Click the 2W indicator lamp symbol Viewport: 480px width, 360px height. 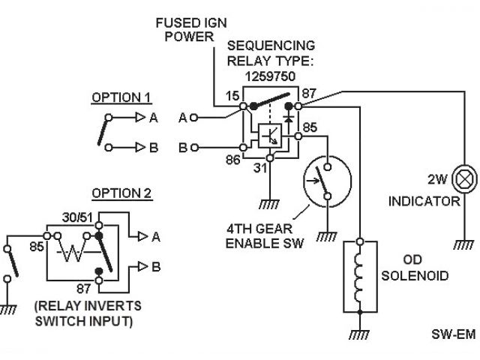point(464,180)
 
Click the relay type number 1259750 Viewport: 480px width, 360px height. point(270,76)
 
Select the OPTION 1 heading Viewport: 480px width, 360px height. point(121,97)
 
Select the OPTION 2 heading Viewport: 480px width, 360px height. point(121,193)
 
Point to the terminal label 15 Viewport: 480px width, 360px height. point(232,96)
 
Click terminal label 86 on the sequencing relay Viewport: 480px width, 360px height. point(232,160)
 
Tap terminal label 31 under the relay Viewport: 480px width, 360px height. point(260,168)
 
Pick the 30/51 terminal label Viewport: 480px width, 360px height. point(77,217)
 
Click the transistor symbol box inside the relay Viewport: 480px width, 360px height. point(270,136)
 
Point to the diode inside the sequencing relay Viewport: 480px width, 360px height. point(288,118)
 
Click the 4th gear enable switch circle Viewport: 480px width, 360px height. point(327,181)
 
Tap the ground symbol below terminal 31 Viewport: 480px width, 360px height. point(269,204)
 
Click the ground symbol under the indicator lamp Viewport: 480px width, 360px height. point(464,244)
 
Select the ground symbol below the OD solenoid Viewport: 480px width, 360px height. point(359,334)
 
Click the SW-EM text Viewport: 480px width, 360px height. point(454,334)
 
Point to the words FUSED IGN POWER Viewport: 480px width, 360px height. point(191,30)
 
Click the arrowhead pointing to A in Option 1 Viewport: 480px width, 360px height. point(140,117)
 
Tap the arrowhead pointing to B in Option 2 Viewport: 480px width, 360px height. point(143,266)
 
